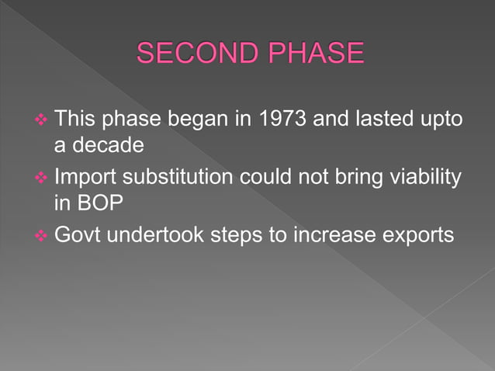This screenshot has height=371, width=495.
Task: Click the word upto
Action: [x=441, y=120]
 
